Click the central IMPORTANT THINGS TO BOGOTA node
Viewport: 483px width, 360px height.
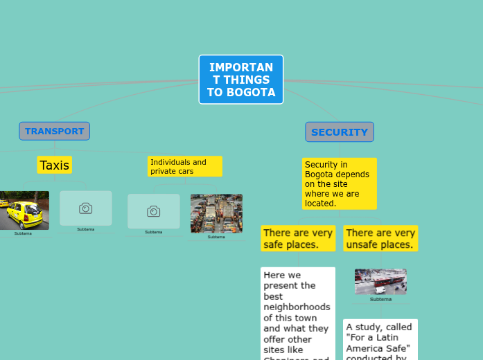click(241, 79)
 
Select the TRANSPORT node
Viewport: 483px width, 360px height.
click(54, 131)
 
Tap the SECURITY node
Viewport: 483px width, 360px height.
click(340, 132)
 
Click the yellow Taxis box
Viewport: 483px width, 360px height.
click(54, 165)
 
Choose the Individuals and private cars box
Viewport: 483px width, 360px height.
click(184, 166)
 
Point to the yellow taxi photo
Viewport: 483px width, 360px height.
click(24, 210)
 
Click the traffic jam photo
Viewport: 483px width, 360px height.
click(216, 213)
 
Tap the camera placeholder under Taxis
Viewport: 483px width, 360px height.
click(85, 208)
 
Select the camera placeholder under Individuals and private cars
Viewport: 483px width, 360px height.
click(153, 210)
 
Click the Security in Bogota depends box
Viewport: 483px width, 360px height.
click(339, 183)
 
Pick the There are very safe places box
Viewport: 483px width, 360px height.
click(298, 238)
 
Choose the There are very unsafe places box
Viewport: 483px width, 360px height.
click(380, 238)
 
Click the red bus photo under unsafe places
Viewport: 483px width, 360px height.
click(380, 282)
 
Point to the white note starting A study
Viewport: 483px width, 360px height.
click(380, 339)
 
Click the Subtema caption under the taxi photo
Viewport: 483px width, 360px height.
click(23, 233)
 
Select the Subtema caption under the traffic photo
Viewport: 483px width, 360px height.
click(216, 237)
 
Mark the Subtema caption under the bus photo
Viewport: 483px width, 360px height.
click(380, 299)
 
